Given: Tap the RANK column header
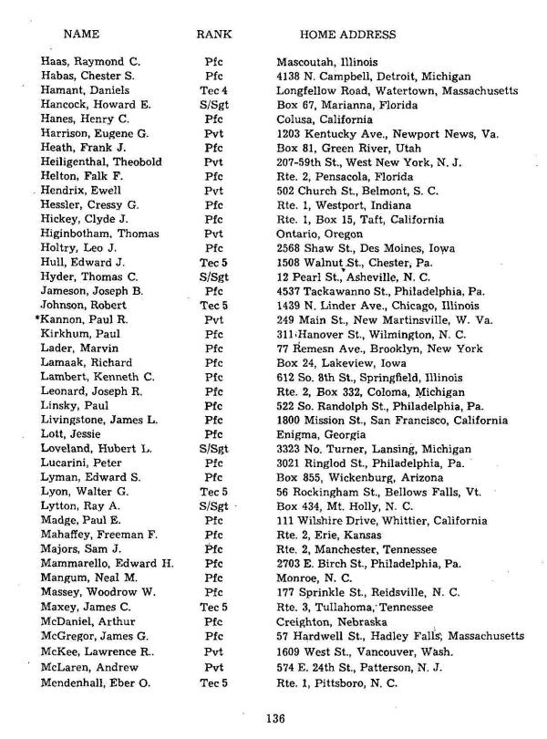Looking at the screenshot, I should (x=214, y=35).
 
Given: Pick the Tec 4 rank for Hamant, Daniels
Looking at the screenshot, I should (x=215, y=91).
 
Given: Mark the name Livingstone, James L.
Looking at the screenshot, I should (x=100, y=421).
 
